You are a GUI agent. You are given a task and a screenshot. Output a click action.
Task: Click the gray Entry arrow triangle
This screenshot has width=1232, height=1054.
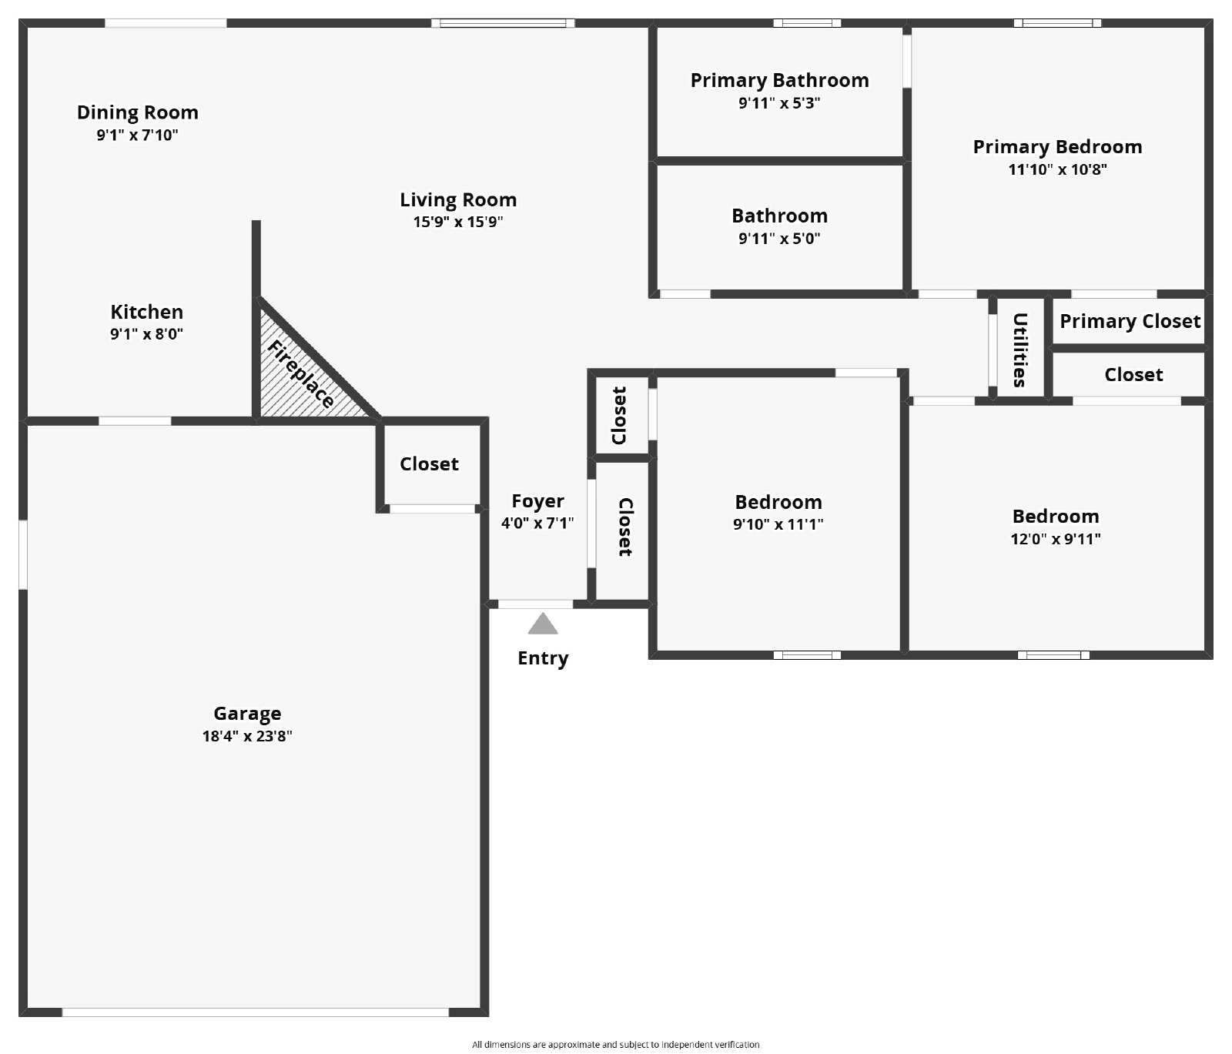[543, 625]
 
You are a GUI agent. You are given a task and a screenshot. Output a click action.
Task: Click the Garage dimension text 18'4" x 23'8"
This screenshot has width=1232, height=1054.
[247, 736]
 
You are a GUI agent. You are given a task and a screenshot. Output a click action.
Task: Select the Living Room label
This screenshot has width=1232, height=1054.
[458, 200]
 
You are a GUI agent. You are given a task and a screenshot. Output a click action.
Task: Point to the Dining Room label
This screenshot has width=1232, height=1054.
[138, 113]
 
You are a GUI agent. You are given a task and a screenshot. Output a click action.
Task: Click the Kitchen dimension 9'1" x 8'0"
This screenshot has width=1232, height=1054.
[147, 334]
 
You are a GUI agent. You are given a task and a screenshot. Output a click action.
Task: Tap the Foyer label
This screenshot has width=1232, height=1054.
[537, 502]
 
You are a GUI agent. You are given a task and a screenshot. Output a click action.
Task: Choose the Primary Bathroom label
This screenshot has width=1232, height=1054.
[779, 81]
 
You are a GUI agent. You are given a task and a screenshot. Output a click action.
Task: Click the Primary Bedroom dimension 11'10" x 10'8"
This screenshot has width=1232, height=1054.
[1058, 169]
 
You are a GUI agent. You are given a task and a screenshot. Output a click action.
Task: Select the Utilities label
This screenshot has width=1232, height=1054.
[1019, 350]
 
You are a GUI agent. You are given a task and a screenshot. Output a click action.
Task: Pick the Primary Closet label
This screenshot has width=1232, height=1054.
[1130, 322]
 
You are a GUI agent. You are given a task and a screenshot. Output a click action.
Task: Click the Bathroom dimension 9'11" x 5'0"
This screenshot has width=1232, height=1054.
[779, 239]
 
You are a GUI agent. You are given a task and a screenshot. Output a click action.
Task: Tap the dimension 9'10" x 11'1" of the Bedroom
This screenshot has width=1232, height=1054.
[778, 525]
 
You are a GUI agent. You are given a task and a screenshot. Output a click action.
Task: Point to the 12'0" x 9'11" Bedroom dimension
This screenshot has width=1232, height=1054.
[1056, 539]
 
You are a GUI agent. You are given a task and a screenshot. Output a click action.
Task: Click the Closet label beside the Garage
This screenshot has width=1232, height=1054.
[429, 464]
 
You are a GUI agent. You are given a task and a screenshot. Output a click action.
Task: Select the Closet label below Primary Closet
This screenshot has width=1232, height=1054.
[1133, 375]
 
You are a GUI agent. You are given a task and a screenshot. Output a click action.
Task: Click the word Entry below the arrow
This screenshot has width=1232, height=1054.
[543, 659]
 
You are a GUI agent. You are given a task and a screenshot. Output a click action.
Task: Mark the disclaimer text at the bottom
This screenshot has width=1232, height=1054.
[616, 1045]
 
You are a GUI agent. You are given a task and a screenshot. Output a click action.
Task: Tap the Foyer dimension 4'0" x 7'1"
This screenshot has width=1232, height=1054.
[537, 524]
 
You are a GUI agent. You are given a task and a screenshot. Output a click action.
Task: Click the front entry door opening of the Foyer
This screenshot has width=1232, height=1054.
[535, 604]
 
